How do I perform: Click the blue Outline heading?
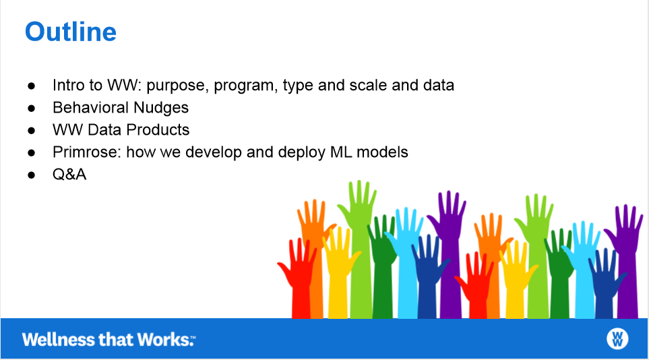click(71, 32)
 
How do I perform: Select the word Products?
click(158, 129)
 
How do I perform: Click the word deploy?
click(302, 153)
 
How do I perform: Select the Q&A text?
click(69, 175)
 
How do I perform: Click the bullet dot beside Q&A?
click(32, 175)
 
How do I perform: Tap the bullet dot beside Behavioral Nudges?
click(32, 109)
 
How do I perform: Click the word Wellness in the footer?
click(59, 339)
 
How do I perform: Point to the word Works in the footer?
click(164, 339)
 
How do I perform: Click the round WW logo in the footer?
click(617, 339)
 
